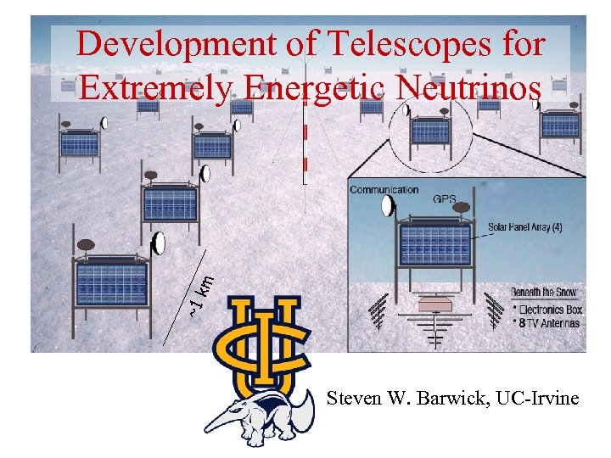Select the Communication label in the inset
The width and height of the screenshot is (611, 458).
384,190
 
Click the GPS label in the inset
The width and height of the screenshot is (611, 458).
444,199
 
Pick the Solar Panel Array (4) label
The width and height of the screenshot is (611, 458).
530,227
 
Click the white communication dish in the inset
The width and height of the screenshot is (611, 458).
388,206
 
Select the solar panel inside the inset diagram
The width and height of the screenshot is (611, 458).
434,244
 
